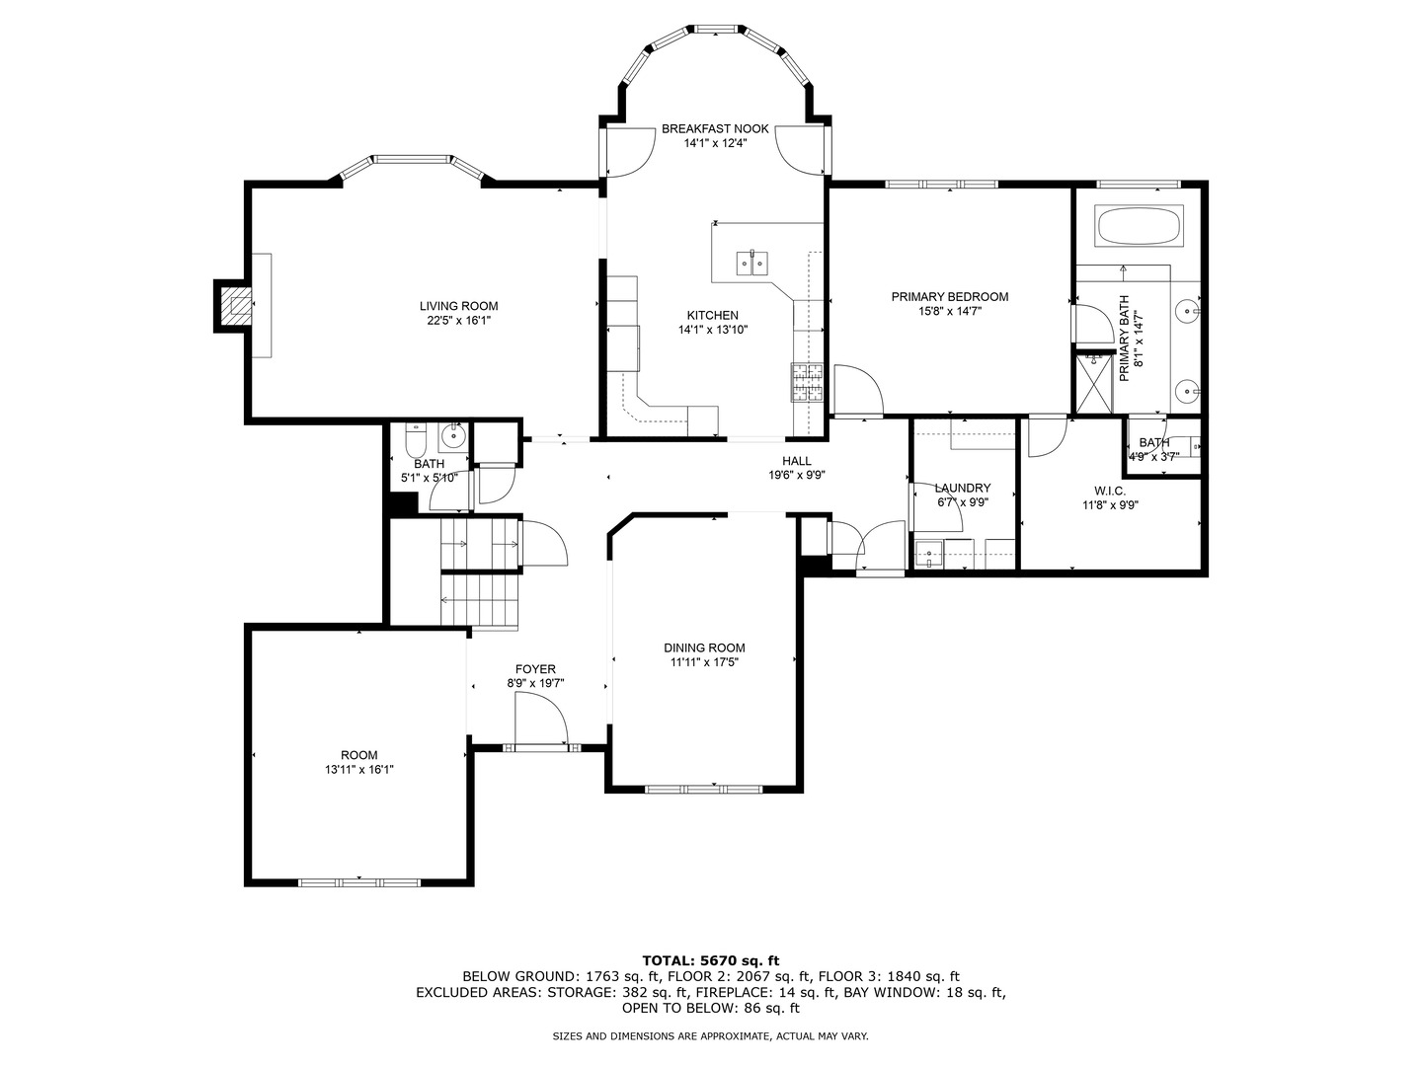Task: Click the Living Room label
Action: [458, 306]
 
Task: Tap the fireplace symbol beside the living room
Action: [235, 306]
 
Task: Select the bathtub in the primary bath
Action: [1139, 226]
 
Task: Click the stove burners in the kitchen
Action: [807, 383]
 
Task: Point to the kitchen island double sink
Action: [752, 263]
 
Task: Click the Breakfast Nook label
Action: [715, 128]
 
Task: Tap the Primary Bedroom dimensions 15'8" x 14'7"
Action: [949, 311]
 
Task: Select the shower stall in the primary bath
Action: [1094, 383]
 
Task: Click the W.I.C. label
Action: [1110, 491]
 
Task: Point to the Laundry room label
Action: [962, 488]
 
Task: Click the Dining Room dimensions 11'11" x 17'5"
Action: [704, 662]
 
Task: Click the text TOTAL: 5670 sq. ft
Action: [711, 959]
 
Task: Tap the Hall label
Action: [796, 461]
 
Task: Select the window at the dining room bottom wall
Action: [704, 789]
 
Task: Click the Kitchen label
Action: [713, 315]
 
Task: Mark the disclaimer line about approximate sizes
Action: [710, 1036]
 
